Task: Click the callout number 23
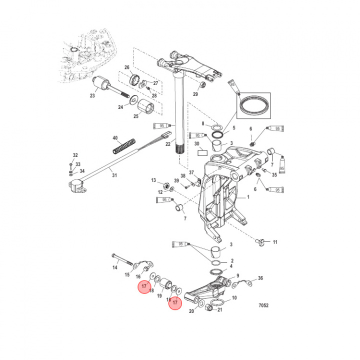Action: coord(92,95)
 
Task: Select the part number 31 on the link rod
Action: coord(114,174)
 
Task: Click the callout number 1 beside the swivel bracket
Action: coord(246,198)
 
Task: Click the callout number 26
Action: coord(127,67)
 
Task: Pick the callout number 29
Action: coord(195,94)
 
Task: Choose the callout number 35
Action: coord(274,175)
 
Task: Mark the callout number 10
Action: coord(234,298)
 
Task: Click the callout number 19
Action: coord(159,296)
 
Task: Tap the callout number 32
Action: coord(75,155)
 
